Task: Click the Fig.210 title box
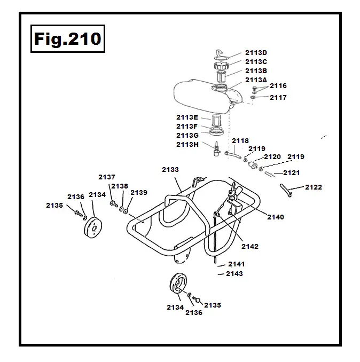(67, 38)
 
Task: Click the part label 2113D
(256, 52)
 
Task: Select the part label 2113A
(256, 80)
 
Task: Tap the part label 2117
(278, 98)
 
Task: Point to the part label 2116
(278, 85)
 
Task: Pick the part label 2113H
(187, 144)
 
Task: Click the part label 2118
(240, 141)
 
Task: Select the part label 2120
(272, 157)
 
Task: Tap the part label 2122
(314, 187)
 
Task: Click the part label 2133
(170, 169)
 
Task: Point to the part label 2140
(276, 217)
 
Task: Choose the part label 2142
(250, 246)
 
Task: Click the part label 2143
(234, 274)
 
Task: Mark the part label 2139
(139, 192)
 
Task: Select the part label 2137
(107, 177)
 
